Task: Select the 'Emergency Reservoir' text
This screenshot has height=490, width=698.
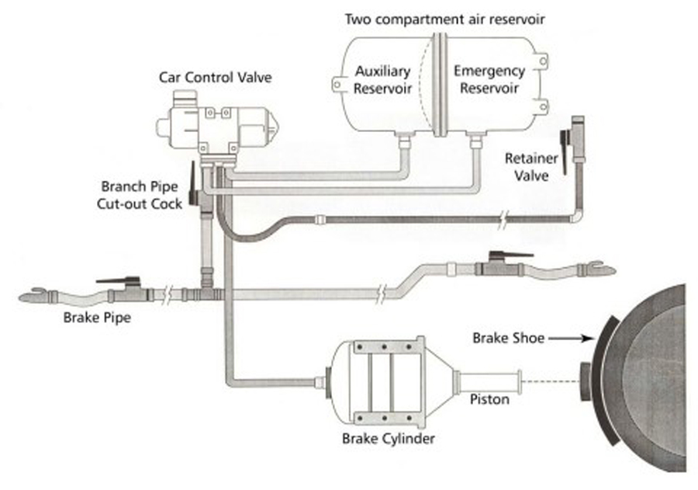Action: point(489,79)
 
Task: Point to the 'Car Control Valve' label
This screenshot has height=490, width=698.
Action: point(206,78)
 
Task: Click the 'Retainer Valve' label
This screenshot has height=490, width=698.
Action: point(527,167)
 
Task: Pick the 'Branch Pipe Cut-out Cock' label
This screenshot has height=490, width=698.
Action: point(142,195)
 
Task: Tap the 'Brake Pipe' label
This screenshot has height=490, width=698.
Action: point(92,316)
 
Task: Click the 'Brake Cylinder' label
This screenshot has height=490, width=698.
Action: point(389,439)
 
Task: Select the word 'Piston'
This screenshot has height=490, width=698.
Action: point(489,400)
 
